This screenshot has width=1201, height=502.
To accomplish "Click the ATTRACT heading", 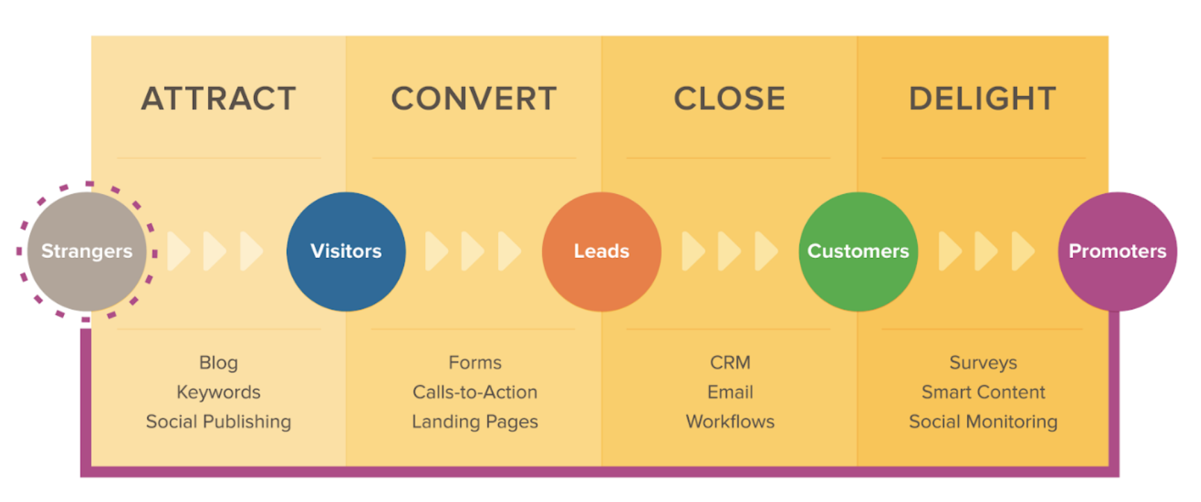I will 218,99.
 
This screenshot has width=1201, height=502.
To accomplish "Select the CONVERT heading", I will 474,99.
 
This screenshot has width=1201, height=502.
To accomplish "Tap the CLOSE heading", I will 729,99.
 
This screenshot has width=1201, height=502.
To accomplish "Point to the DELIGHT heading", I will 983,99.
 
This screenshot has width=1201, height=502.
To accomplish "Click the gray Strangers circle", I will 86,251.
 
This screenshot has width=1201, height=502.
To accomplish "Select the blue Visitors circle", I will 346,251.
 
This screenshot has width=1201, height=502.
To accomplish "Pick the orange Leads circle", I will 601,251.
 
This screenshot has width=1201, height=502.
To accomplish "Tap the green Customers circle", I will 858,251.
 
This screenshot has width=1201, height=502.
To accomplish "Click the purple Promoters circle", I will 1117,251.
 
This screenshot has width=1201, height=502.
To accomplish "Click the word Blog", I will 218,363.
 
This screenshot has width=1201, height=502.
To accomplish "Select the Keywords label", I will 218,392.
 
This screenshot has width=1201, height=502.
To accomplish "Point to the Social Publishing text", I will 218,422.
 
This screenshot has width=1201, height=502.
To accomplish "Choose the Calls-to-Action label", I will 475,392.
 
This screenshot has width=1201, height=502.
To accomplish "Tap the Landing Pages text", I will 475,422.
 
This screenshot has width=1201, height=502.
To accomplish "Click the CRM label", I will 730,363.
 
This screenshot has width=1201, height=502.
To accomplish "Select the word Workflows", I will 730,422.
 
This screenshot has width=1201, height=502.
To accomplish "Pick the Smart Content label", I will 983,392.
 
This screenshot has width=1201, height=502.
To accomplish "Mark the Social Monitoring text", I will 983,422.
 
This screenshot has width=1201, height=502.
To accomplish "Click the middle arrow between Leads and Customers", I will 729,251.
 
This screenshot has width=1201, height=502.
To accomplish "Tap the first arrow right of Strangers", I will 178,251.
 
